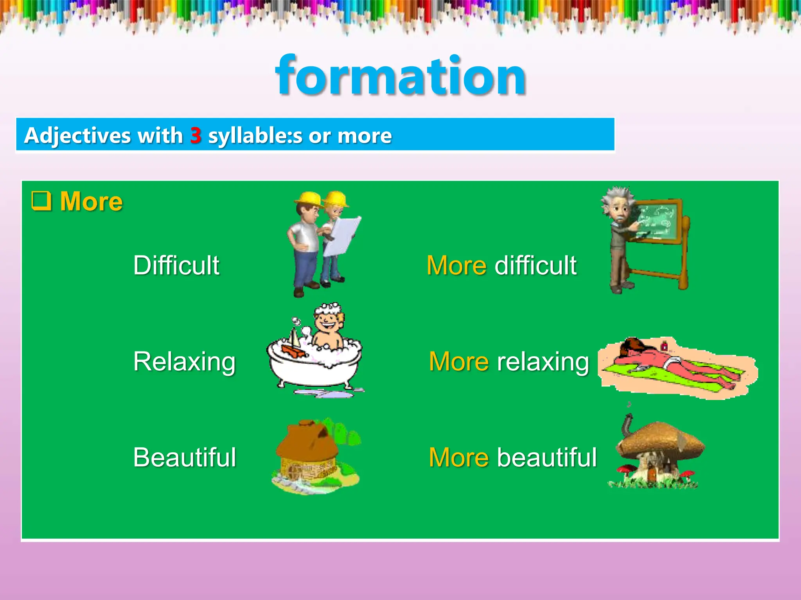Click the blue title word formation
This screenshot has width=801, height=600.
[x=400, y=76]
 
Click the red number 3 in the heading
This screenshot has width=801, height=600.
[x=196, y=136]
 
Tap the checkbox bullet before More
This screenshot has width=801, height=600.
[x=41, y=201]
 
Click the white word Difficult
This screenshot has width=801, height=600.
[x=176, y=265]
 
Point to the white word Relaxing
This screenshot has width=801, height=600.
[x=184, y=361]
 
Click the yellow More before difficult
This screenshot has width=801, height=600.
[x=456, y=265]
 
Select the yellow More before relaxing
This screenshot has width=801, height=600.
[x=459, y=361]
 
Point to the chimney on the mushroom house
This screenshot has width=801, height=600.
[x=627, y=424]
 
